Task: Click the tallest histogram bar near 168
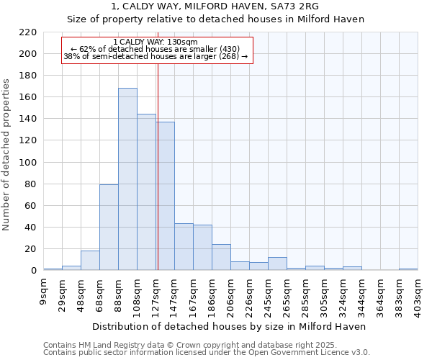(x=127, y=179)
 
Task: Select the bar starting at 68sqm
(x=109, y=228)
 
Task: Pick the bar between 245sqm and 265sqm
(x=277, y=264)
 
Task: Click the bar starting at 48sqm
(x=90, y=261)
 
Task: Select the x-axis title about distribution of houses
(x=230, y=326)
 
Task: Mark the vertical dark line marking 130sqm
(x=157, y=166)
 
